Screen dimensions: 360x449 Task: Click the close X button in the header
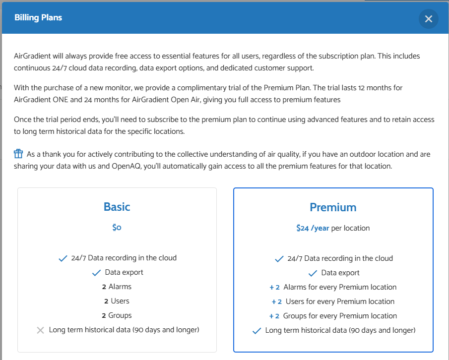point(429,19)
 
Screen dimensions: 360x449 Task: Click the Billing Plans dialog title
point(38,18)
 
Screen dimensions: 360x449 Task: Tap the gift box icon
point(18,154)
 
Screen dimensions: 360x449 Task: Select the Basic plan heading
point(117,207)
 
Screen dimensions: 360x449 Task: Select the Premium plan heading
point(333,207)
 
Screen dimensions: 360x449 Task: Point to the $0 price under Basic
point(117,228)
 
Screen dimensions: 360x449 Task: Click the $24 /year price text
point(313,228)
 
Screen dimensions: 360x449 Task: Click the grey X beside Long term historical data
point(41,330)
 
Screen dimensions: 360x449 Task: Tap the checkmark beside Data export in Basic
point(96,273)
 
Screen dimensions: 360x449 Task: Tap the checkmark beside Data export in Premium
point(313,273)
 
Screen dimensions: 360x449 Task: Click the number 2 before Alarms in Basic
point(104,287)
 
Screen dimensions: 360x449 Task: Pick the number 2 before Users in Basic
point(106,301)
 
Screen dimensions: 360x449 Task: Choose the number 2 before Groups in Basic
point(104,315)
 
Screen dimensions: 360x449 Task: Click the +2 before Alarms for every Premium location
point(275,287)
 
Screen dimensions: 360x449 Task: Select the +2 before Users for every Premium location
point(277,301)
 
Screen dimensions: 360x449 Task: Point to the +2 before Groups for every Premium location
point(274,316)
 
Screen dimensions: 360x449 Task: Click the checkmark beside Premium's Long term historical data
point(257,331)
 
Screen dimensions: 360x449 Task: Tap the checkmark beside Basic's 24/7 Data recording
point(63,258)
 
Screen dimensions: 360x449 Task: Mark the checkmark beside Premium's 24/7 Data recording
point(279,259)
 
